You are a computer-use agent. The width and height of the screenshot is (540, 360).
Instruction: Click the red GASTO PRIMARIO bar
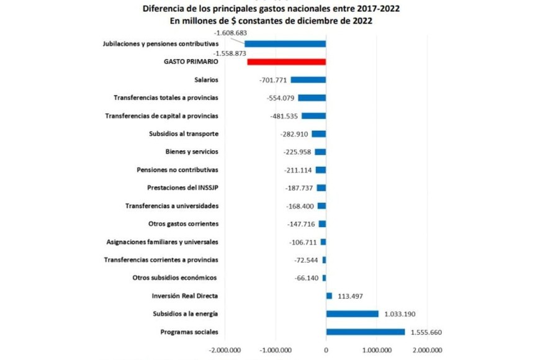pyautogui.click(x=286, y=61)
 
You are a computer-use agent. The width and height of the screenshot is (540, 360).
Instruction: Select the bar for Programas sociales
pyautogui.click(x=365, y=332)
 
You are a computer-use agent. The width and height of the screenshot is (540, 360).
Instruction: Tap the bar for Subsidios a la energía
pyautogui.click(x=352, y=314)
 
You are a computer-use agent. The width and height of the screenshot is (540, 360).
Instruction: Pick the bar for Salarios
pyautogui.click(x=308, y=79)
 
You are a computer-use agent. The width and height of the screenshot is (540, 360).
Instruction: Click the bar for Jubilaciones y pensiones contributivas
pyautogui.click(x=285, y=43)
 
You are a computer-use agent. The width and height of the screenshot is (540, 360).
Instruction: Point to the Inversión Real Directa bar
pyautogui.click(x=329, y=296)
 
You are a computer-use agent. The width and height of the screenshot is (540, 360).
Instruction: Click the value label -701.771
pyautogui.click(x=274, y=79)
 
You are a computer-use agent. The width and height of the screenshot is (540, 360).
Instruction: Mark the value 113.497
pyautogui.click(x=351, y=296)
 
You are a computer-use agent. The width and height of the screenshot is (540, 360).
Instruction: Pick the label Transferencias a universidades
pyautogui.click(x=171, y=205)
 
